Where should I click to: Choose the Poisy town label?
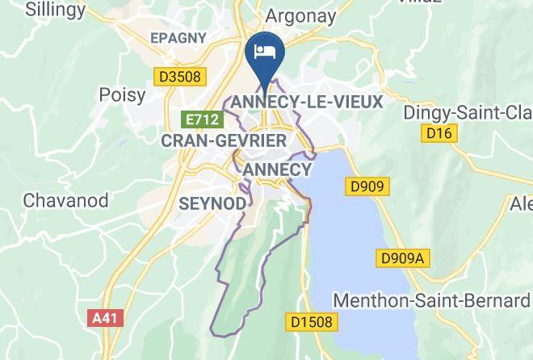(122, 95)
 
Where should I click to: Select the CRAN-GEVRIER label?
(225, 140)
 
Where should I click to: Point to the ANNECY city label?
(277, 170)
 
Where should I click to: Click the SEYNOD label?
(212, 203)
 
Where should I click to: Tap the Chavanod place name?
(61, 199)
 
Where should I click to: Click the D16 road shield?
(439, 132)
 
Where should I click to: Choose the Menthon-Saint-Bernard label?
(431, 301)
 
